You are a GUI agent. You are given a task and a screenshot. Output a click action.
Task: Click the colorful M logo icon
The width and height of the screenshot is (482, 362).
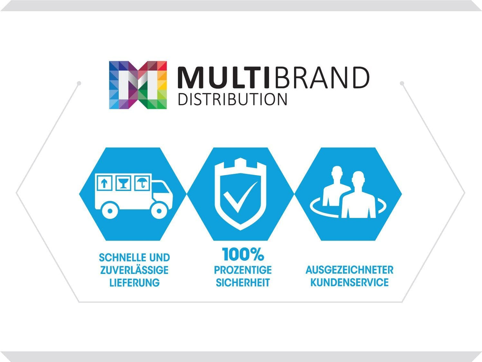138,85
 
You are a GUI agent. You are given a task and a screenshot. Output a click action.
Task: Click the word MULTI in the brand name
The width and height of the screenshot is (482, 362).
223,78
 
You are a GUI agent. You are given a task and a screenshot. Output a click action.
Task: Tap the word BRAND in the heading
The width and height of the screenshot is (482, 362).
322,78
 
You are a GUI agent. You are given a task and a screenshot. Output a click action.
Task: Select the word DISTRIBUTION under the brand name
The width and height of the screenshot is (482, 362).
232,99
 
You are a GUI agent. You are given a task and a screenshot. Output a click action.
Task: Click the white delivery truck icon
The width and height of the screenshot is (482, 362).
134,196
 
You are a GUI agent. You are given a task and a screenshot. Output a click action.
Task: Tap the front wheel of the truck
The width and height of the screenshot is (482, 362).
159,211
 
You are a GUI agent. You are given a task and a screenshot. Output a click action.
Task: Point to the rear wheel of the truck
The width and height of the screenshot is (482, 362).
110,211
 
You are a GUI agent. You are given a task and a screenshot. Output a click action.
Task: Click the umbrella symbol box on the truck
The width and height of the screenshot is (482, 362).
142,183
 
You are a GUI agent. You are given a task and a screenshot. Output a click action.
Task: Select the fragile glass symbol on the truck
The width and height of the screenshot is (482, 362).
123,183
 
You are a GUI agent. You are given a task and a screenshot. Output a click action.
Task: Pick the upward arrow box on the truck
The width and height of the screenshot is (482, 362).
105,183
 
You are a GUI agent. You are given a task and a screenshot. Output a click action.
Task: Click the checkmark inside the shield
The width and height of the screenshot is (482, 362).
240,197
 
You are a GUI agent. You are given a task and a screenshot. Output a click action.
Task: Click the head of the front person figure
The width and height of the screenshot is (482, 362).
358,179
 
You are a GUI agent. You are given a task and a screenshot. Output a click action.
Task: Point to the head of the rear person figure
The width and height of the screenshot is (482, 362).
337,173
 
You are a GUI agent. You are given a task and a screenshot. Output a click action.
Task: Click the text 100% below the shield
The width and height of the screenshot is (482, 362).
243,255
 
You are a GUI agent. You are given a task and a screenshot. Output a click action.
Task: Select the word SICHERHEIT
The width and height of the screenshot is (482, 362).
243,283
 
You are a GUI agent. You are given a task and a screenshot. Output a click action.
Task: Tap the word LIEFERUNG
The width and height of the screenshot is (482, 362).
134,283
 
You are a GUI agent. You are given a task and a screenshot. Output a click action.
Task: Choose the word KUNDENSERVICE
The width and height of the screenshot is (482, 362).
349,283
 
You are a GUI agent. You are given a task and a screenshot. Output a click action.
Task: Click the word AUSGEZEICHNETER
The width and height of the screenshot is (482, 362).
349,270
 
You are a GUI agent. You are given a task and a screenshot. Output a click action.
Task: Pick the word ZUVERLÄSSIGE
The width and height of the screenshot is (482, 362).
134,269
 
